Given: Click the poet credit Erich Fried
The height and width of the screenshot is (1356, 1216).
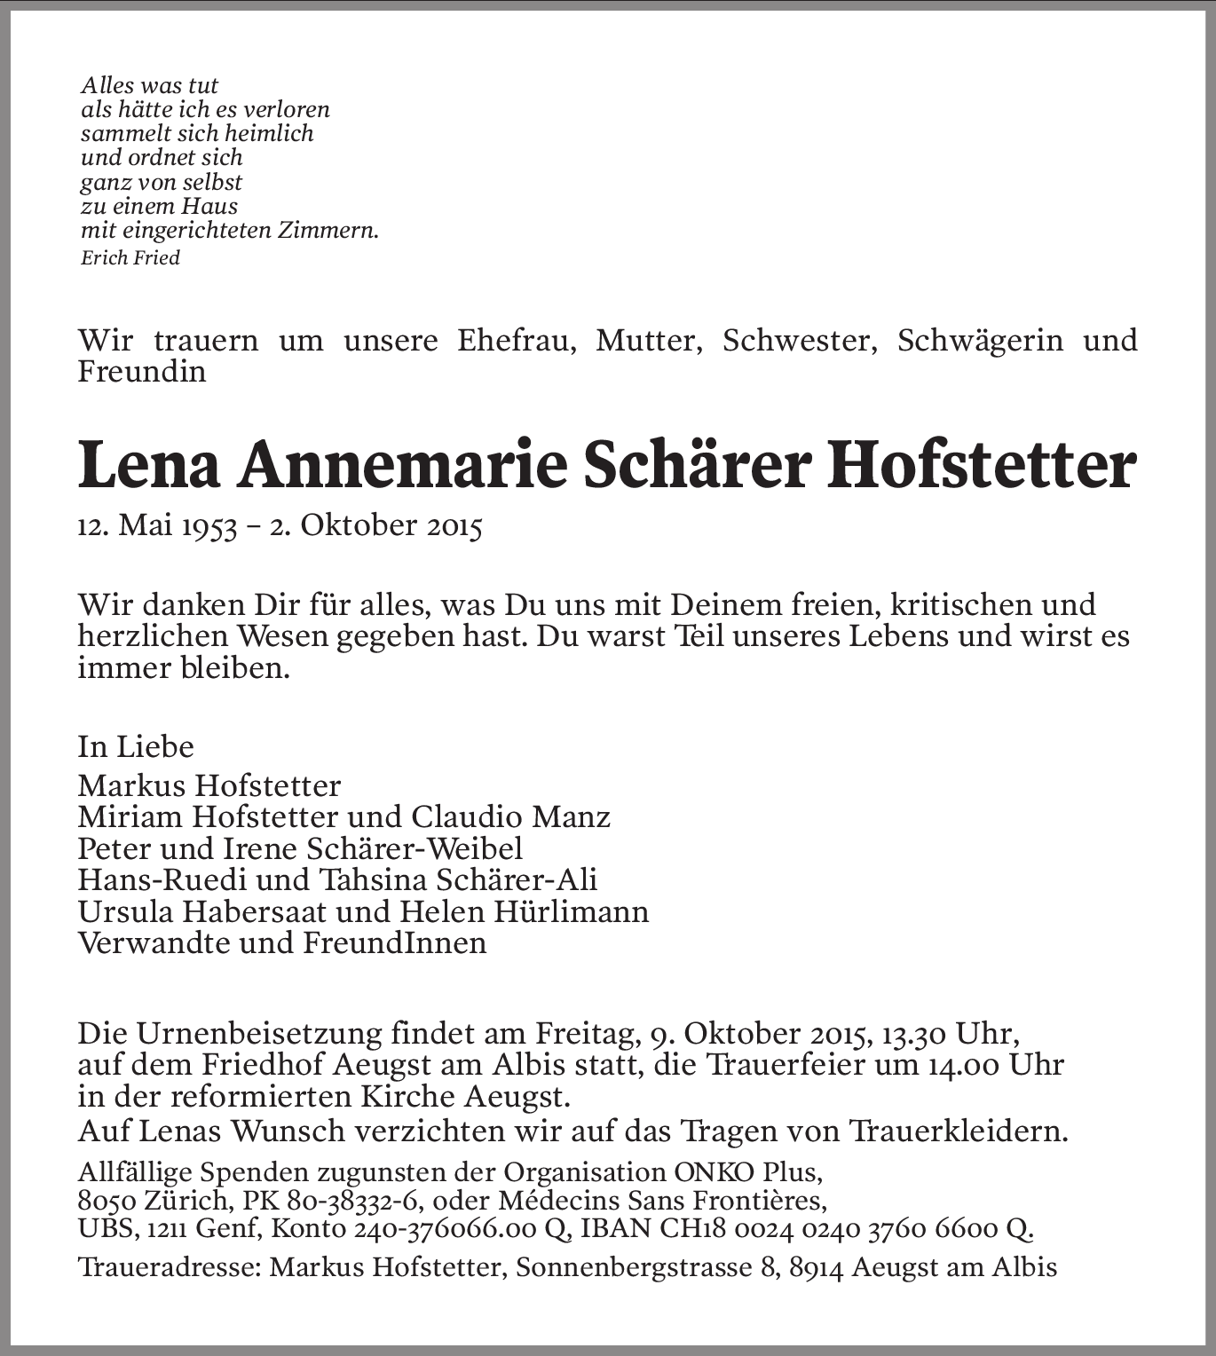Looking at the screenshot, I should pyautogui.click(x=130, y=258).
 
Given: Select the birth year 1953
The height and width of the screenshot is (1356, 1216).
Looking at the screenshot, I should pyautogui.click(x=205, y=527).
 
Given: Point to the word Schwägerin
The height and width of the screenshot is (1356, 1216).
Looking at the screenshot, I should pyautogui.click(x=981, y=341).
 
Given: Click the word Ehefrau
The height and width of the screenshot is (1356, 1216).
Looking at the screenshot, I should pyautogui.click(x=515, y=341).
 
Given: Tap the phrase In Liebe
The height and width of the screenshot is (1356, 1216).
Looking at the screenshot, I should pyautogui.click(x=136, y=747).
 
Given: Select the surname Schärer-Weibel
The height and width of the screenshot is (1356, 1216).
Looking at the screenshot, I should pyautogui.click(x=414, y=848).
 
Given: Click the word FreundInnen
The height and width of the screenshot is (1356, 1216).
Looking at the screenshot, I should pyautogui.click(x=395, y=942).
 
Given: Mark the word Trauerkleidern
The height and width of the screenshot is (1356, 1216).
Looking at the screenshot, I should pyautogui.click(x=959, y=1131).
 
